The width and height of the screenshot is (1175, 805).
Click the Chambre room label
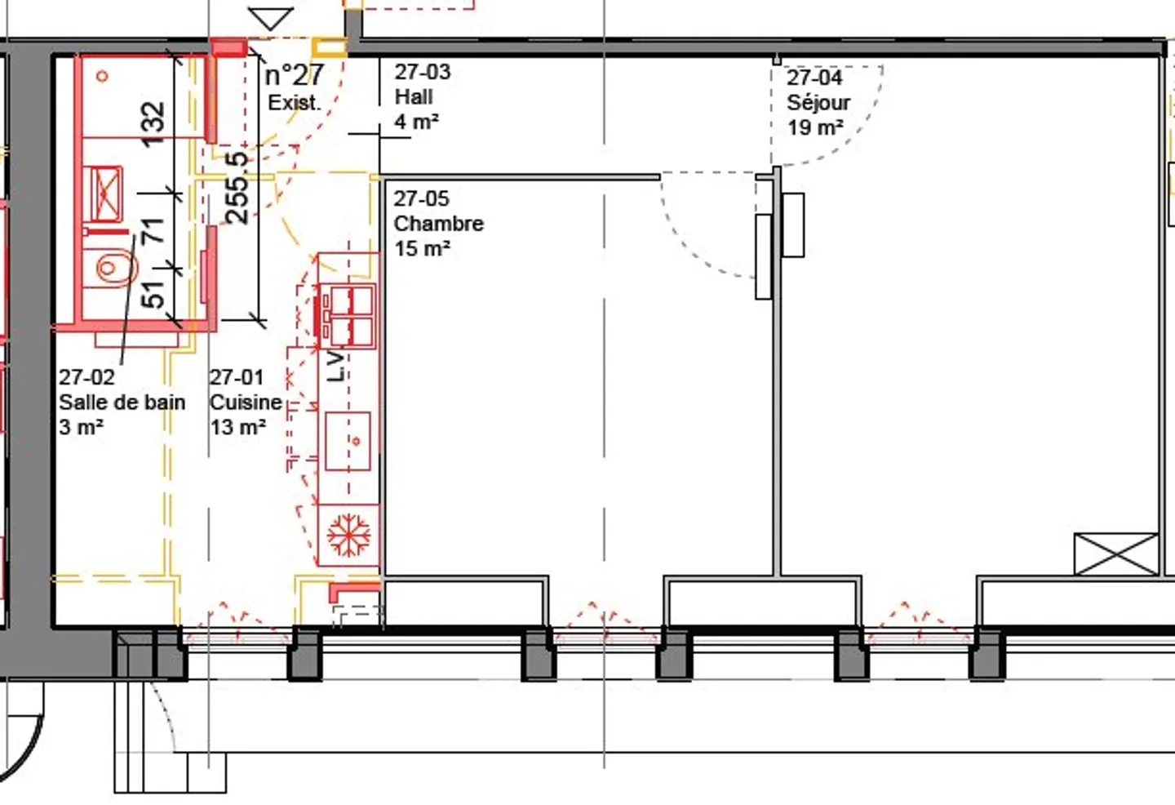coord(438,224)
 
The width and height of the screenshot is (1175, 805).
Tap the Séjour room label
coord(818,103)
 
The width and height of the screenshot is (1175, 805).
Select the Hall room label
coord(414,97)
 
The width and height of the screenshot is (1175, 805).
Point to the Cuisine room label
coord(246,402)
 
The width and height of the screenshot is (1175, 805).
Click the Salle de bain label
coord(122,402)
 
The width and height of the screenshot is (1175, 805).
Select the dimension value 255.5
coord(237,188)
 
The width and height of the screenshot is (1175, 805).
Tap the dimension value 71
coord(153,231)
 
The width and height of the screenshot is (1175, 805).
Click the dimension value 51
coord(153,294)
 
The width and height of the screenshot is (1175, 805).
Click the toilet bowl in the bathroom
coord(110,268)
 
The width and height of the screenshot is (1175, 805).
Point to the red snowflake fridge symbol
coord(348,536)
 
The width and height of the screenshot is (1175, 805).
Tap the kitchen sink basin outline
coord(348,441)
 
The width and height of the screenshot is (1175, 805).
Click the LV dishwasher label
coord(336,367)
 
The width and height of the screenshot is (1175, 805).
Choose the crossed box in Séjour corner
coord(1115,554)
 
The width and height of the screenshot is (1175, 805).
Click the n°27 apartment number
coord(295,75)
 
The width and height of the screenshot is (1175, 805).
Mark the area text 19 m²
coord(814,128)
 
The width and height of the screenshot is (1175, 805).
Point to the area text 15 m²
coord(422,249)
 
